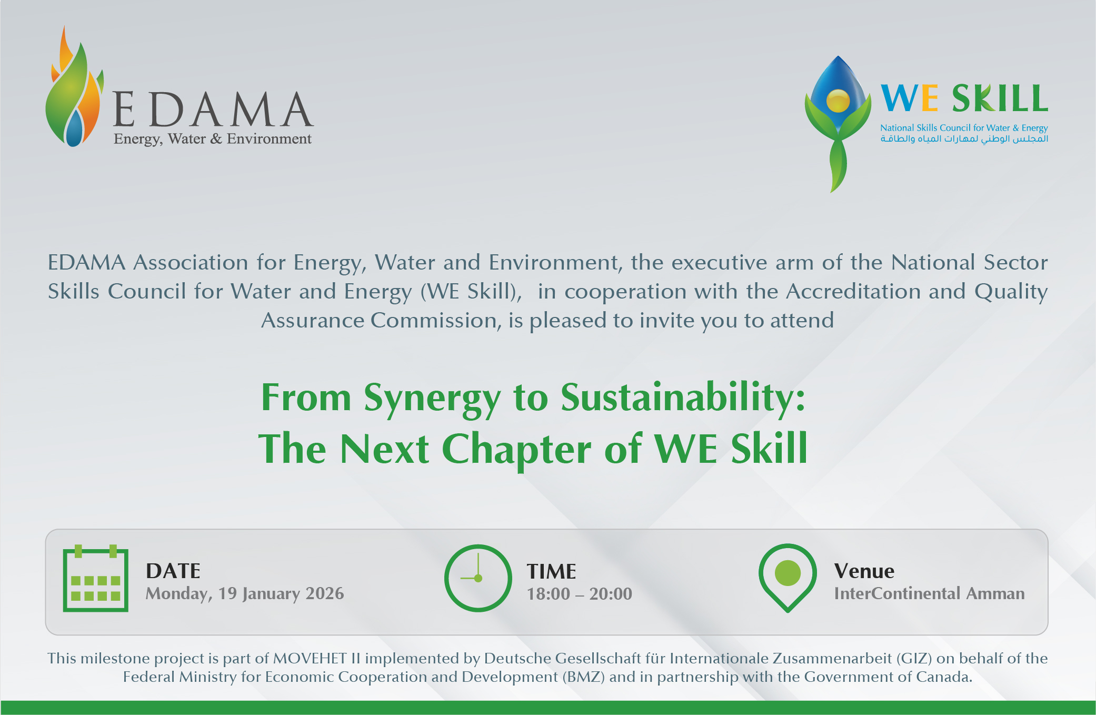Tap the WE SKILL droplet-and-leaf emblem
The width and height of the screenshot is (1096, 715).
(x=838, y=124)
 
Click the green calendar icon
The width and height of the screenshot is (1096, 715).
(x=95, y=578)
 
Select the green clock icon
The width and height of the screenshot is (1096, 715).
(x=478, y=578)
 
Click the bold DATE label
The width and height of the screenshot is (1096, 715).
(x=173, y=571)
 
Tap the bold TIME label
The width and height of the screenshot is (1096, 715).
(x=552, y=571)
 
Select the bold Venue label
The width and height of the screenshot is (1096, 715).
(x=864, y=571)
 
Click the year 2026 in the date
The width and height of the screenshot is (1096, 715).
(x=325, y=593)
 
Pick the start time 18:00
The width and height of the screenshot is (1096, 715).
(x=549, y=594)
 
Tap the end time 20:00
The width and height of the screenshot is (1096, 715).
(x=611, y=594)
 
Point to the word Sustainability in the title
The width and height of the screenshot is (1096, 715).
(x=683, y=399)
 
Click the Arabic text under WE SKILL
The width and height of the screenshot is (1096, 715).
(x=964, y=138)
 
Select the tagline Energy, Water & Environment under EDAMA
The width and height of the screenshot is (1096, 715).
(x=213, y=139)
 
